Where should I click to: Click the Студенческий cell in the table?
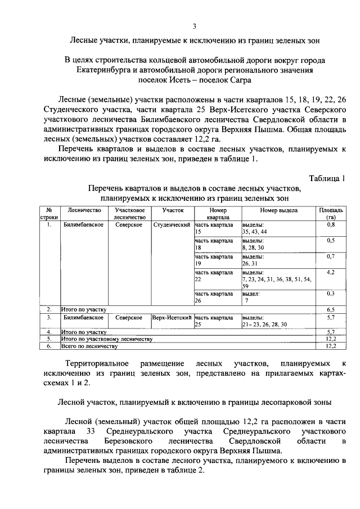tap(172, 225)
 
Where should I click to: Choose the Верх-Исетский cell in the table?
tap(172, 318)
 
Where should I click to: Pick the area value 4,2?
tap(331, 272)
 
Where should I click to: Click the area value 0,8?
tap(331, 225)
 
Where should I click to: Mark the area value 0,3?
tap(331, 294)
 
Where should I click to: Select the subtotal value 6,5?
tap(331, 309)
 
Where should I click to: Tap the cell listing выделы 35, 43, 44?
tap(255, 228)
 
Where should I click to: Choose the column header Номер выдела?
tap(278, 210)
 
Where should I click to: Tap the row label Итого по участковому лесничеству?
tap(107, 339)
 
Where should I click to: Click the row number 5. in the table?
tap(49, 339)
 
